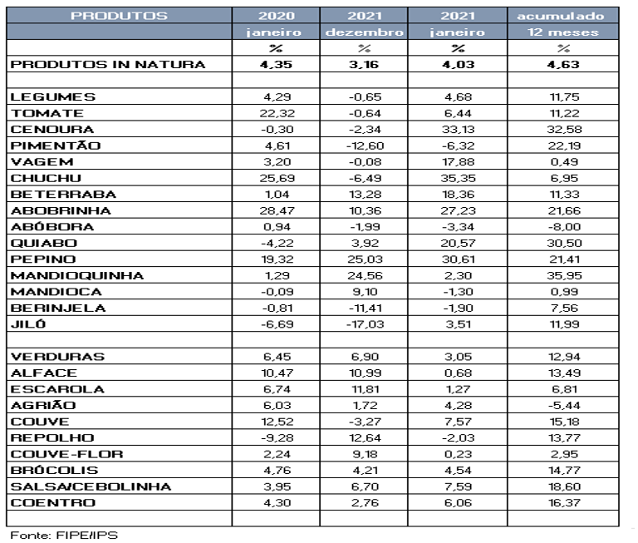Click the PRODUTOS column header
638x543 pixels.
(x=120, y=16)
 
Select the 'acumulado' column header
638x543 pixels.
(x=567, y=16)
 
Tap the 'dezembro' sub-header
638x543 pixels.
(x=365, y=32)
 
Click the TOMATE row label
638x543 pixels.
(x=47, y=113)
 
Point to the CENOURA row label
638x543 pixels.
(x=52, y=129)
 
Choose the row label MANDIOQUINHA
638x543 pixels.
(x=77, y=275)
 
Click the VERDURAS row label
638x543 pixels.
(x=57, y=357)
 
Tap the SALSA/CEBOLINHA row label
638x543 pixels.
(x=91, y=486)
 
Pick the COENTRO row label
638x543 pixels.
(x=52, y=502)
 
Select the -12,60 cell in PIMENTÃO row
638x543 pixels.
(x=365, y=146)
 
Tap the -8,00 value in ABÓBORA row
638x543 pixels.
(x=567, y=226)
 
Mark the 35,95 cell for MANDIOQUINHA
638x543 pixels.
(x=567, y=275)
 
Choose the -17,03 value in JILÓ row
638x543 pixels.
(x=365, y=323)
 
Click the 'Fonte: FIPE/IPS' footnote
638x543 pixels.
(x=64, y=534)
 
